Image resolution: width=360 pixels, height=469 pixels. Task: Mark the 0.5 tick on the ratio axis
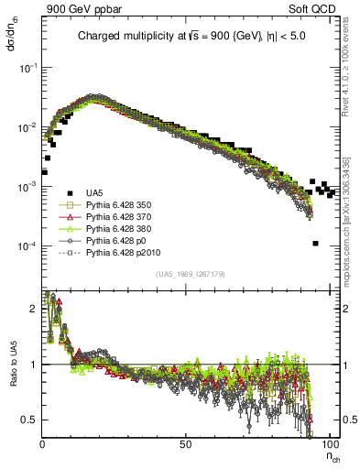coord(33,420)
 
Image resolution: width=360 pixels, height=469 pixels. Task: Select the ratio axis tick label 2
coord(37,309)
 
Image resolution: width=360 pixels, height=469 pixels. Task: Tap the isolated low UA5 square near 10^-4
coord(315,244)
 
